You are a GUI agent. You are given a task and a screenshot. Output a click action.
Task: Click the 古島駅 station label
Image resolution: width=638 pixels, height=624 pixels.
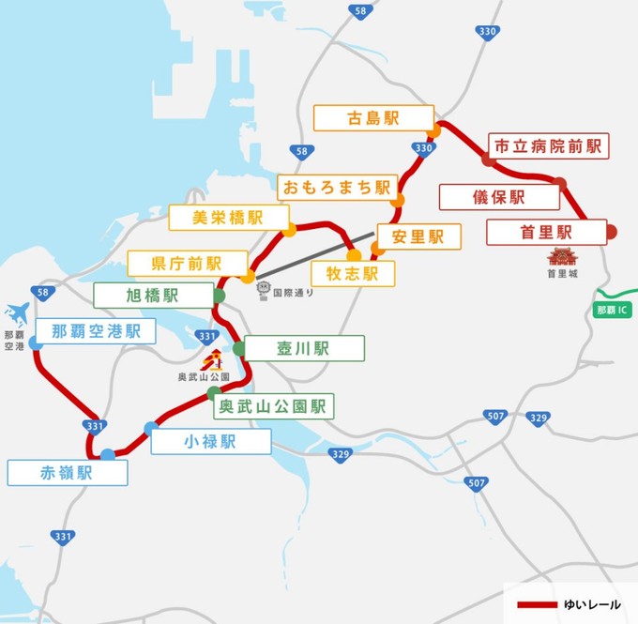coord(373,118)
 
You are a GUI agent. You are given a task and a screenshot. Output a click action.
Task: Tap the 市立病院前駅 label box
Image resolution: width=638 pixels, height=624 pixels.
coord(549,145)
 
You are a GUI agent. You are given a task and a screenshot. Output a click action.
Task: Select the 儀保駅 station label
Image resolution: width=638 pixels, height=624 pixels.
coord(498,197)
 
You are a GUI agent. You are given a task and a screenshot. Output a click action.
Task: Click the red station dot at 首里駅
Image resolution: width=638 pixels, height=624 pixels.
coord(611,232)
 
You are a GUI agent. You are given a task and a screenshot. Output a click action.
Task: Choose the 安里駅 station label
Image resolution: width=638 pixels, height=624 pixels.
coord(418,236)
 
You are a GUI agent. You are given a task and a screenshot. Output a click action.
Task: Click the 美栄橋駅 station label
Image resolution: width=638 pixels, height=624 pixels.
coord(228,217)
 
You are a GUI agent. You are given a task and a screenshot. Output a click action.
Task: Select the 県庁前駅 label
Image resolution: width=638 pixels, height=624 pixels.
coord(187,264)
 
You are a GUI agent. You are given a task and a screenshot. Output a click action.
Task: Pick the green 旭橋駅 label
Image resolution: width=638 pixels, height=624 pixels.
coord(153,295)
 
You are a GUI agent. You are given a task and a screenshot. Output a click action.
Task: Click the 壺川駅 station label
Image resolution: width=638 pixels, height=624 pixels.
coord(304,348)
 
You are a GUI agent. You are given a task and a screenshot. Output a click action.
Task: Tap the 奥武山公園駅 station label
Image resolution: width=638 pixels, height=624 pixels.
coord(272,406)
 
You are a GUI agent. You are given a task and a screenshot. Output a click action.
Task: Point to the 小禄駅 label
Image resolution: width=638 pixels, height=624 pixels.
coord(211,442)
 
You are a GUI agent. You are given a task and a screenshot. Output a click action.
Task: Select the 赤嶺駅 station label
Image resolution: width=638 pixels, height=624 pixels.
coord(68,472)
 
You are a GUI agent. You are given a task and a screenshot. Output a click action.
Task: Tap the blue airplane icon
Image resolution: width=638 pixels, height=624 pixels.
coord(17,312)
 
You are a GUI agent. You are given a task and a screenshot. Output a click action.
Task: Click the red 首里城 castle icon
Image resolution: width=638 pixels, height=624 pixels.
coord(563,255)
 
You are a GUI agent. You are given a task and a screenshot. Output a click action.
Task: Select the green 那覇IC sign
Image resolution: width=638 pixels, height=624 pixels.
coord(615,308)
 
